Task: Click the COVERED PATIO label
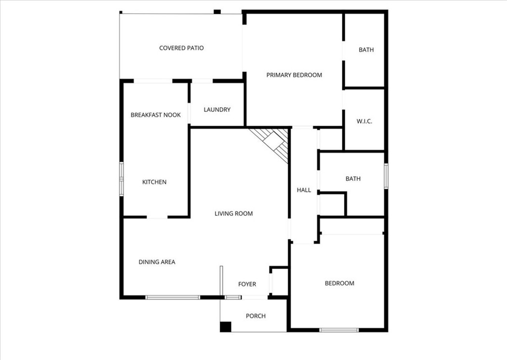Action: point(181,48)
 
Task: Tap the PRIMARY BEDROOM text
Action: point(294,75)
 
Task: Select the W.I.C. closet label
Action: point(364,121)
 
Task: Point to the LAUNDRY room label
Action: point(217,109)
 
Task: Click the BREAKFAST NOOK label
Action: point(155,115)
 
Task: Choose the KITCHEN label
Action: point(154,182)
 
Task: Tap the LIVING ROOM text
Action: point(233,214)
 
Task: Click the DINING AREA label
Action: point(157,262)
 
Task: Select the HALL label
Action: point(304,190)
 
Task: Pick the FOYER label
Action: point(247,284)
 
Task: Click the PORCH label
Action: point(255,316)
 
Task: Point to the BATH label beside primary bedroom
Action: point(366,50)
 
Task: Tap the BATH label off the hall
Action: point(353,179)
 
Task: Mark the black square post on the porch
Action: point(225,327)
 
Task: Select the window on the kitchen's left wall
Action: point(121,179)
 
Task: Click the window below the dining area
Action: point(173,297)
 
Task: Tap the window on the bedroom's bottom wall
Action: point(339,330)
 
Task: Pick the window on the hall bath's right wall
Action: point(386,176)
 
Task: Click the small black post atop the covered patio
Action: point(217,11)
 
